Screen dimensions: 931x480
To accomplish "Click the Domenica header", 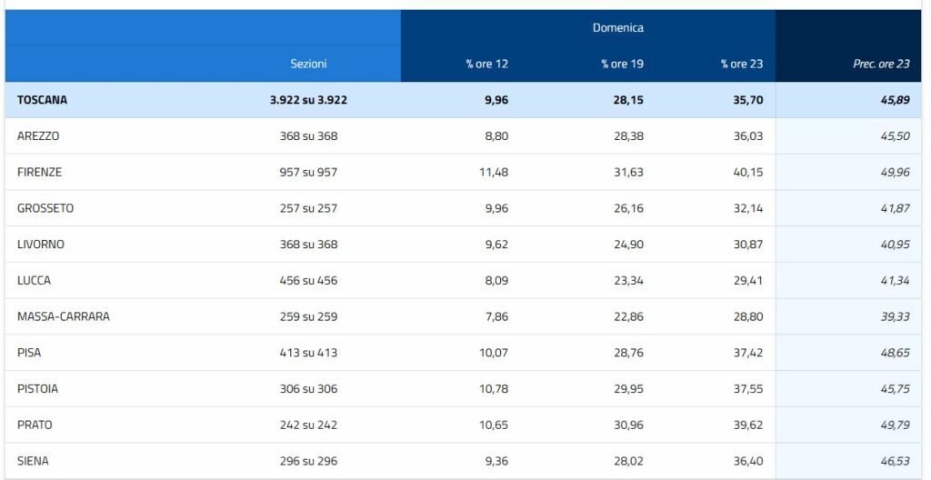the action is (x=617, y=27).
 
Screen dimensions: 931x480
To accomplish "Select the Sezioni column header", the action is (x=308, y=64).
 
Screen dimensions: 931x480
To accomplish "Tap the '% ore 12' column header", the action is (x=487, y=64).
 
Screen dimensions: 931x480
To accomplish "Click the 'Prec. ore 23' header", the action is (x=881, y=64).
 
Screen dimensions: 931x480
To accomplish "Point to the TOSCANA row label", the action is (x=42, y=100).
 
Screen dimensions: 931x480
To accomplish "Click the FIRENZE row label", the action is (x=40, y=173).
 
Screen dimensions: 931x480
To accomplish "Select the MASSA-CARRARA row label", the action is (x=64, y=316).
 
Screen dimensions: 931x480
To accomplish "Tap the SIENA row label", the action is (x=34, y=461).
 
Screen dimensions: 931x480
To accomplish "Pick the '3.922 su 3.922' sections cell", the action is (x=309, y=100).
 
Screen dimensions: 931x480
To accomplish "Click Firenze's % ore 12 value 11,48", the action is (x=494, y=173).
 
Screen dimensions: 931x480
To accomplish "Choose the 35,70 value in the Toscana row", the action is (x=748, y=100).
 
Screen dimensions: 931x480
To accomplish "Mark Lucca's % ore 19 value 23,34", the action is (x=629, y=280).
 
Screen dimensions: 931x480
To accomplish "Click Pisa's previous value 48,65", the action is (x=896, y=353).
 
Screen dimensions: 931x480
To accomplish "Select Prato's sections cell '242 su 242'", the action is (x=309, y=425).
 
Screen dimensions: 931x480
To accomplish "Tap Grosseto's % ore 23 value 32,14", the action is (x=748, y=208).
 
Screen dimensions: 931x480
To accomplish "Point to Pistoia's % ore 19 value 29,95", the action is (x=629, y=389).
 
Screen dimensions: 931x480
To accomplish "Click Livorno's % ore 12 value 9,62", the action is (x=496, y=245).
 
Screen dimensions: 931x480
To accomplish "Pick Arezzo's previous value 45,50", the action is (x=896, y=136).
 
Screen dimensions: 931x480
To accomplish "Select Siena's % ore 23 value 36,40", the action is (x=748, y=461).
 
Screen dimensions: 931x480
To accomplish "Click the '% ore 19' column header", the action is (x=622, y=64).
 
